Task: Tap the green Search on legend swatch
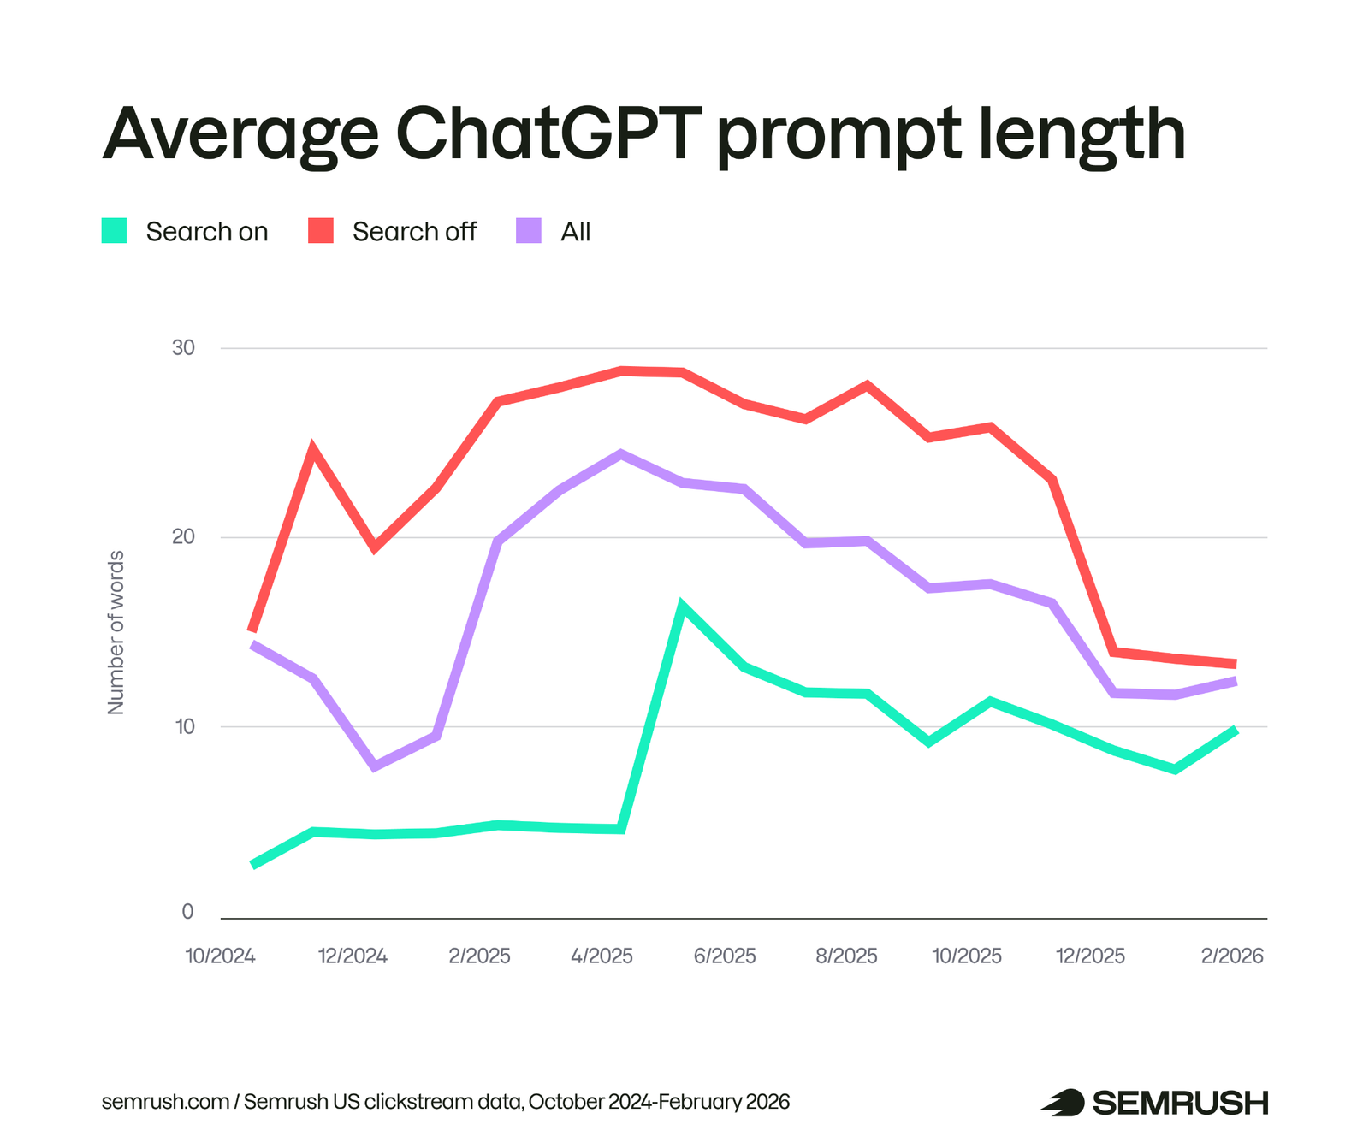115,231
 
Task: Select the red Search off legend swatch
321,231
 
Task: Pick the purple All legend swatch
529,231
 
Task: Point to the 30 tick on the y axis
183,347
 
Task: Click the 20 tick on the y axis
183,537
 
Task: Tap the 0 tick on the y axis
187,912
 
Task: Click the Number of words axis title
116,632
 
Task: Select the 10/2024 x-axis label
221,956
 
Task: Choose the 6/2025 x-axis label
725,956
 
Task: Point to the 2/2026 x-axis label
1232,956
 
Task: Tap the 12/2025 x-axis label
1091,956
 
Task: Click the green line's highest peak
681,607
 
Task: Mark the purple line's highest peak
621,453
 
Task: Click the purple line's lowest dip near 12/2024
375,766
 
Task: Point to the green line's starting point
252,865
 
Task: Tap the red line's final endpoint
1235,664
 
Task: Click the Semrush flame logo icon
1062,1103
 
